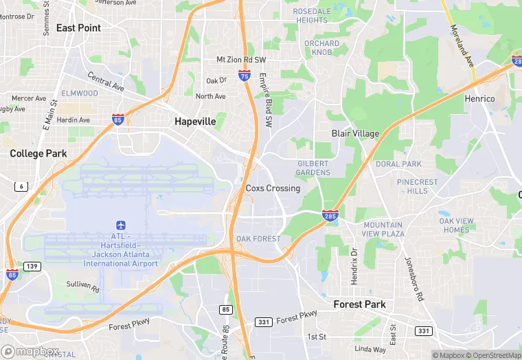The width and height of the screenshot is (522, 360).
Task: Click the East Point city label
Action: (x=78, y=28)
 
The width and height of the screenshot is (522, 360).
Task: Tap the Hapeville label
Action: (x=195, y=122)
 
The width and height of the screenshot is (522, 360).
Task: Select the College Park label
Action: (x=38, y=154)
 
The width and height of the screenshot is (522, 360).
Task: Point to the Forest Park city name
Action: (x=359, y=304)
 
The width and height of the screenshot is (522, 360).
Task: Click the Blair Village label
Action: (x=355, y=133)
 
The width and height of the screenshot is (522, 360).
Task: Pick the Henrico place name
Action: (x=479, y=99)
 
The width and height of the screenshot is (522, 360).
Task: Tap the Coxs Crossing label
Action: (x=273, y=188)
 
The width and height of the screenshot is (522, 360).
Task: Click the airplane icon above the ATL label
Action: (x=121, y=225)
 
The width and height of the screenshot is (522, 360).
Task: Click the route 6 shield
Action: (x=21, y=187)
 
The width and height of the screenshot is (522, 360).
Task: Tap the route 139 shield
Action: (x=32, y=266)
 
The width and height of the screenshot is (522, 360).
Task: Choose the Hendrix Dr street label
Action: (x=354, y=265)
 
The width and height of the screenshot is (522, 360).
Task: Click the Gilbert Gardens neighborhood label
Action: (x=313, y=168)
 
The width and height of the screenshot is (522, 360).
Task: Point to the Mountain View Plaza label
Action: (x=383, y=229)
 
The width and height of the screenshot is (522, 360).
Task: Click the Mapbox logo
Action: (x=30, y=352)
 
